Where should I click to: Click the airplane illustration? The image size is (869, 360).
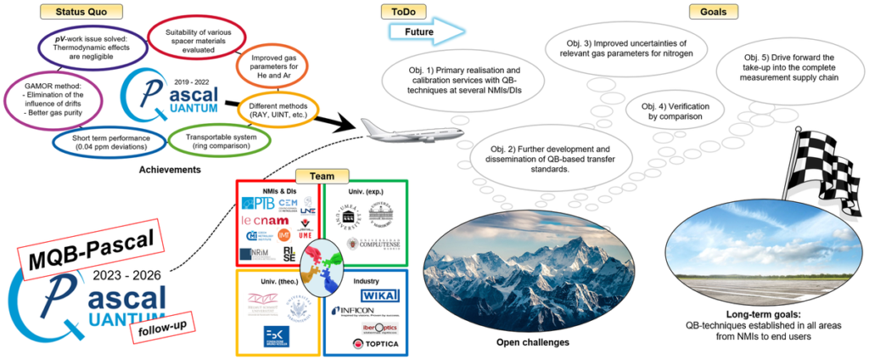pos(397,128)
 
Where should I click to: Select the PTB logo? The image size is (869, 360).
pos(260,204)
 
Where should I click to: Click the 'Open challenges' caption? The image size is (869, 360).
pos(533,342)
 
